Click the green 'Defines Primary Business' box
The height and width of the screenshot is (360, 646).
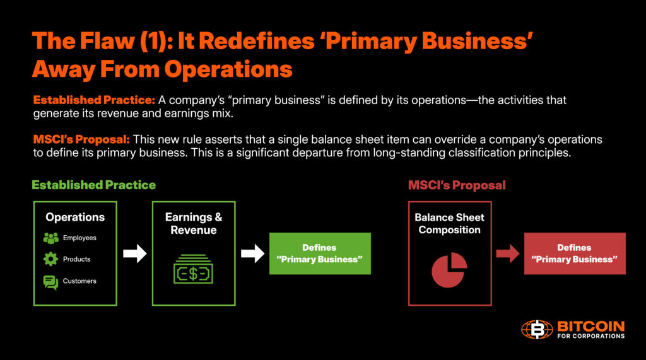click(x=320, y=253)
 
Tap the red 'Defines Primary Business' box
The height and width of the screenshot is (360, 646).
click(x=575, y=253)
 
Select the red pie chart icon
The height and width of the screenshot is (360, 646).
click(x=449, y=270)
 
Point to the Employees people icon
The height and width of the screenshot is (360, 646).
click(x=50, y=238)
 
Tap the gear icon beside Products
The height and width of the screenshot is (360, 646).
click(x=50, y=259)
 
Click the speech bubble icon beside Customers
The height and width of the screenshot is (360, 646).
click(x=50, y=282)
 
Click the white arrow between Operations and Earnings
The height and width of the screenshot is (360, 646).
click(x=134, y=254)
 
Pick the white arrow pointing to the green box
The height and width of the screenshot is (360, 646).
click(x=252, y=254)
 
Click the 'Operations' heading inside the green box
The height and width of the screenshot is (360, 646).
click(x=75, y=218)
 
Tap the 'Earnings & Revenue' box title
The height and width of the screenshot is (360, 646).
click(x=194, y=224)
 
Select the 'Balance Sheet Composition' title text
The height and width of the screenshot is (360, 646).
click(x=449, y=224)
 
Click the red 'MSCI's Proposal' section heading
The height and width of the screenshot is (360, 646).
click(x=457, y=185)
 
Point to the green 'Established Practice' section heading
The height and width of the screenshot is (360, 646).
click(x=94, y=185)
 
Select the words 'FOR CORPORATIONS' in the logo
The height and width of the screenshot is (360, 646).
click(x=591, y=336)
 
